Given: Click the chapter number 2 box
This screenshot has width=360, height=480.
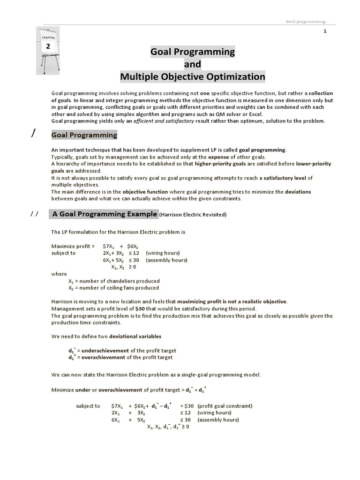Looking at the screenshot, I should point(48,46).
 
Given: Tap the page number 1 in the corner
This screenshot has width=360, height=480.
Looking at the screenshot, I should point(324,31).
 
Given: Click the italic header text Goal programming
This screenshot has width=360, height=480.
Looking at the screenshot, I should point(306,22).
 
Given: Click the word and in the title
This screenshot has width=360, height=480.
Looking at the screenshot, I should point(192,64).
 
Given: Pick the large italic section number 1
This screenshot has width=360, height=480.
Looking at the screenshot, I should point(33,135).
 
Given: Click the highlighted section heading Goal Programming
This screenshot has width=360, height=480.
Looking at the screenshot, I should point(84,135).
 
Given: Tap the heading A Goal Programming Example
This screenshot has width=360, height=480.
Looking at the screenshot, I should point(105,214).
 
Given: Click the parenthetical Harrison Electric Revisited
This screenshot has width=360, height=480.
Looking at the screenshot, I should point(193,215).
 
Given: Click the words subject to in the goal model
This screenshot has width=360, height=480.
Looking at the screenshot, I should point(88,405).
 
